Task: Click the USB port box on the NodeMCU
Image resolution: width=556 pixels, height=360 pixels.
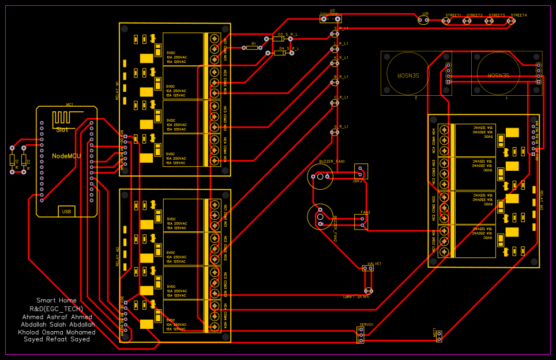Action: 66,211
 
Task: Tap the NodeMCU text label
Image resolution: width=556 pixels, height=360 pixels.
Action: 66,156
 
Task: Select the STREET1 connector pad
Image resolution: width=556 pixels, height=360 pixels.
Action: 446,21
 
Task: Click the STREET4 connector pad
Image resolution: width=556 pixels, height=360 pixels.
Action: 510,21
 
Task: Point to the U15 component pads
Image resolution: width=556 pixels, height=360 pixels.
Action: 423,20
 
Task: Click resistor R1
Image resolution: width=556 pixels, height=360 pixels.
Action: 252,47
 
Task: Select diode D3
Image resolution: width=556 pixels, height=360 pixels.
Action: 280,39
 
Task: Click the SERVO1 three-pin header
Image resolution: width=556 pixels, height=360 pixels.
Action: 361,335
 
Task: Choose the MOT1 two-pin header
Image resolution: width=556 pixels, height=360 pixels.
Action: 439,336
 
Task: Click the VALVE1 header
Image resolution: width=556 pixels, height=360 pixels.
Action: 367,268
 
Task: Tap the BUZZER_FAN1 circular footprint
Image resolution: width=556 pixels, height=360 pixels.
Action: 320,177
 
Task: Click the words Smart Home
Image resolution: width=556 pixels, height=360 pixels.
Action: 57,301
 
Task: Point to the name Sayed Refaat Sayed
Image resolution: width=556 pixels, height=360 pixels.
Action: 57,339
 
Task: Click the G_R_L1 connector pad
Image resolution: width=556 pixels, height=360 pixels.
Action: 334,133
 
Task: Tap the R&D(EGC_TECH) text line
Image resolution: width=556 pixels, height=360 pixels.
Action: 57,309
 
